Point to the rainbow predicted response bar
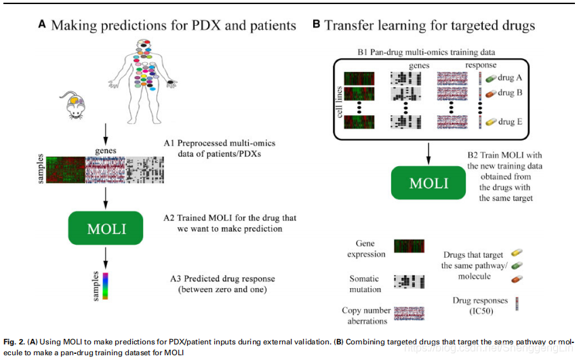coord(106,285)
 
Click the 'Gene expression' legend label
coord(365,249)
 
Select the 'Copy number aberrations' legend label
coord(366,315)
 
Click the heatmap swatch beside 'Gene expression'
coord(409,247)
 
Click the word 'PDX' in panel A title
coord(195,26)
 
